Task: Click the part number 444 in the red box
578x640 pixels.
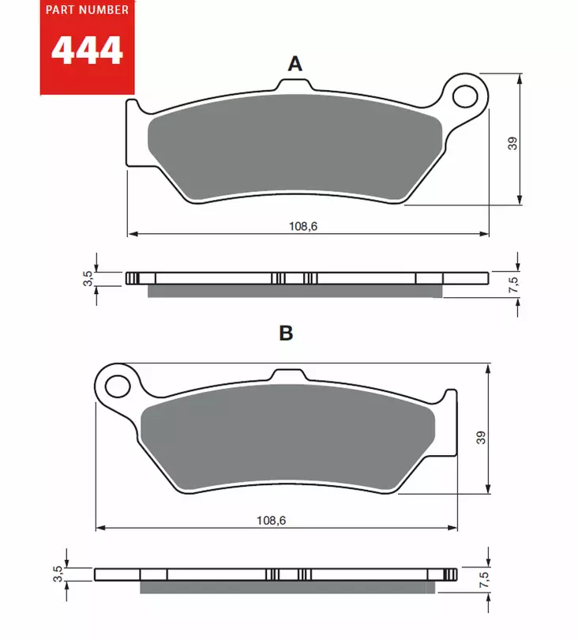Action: [x=87, y=51]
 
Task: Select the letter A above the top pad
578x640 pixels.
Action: [x=295, y=64]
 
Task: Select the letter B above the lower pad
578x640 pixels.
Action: [x=286, y=333]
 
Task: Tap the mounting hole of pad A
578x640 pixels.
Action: [x=466, y=96]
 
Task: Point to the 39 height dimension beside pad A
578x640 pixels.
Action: [x=512, y=143]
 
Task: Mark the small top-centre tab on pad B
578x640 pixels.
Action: [x=285, y=375]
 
